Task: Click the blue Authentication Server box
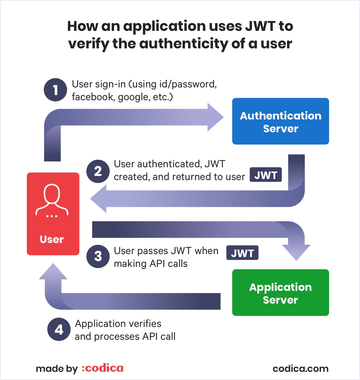[x=280, y=121]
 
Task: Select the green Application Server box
[x=280, y=293]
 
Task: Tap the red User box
[x=53, y=214]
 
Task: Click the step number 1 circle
[x=55, y=90]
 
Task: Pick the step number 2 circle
[x=98, y=171]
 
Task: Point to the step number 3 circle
[x=98, y=256]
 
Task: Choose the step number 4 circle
[x=59, y=329]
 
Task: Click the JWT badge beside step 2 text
[x=265, y=175]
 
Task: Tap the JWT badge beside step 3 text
[x=242, y=253]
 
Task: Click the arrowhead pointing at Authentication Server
[x=215, y=117]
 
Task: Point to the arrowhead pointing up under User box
[x=53, y=271]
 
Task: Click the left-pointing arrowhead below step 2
[x=99, y=199]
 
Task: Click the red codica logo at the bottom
[x=102, y=368]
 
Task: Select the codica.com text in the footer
[x=300, y=369]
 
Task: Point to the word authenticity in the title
[x=184, y=44]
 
